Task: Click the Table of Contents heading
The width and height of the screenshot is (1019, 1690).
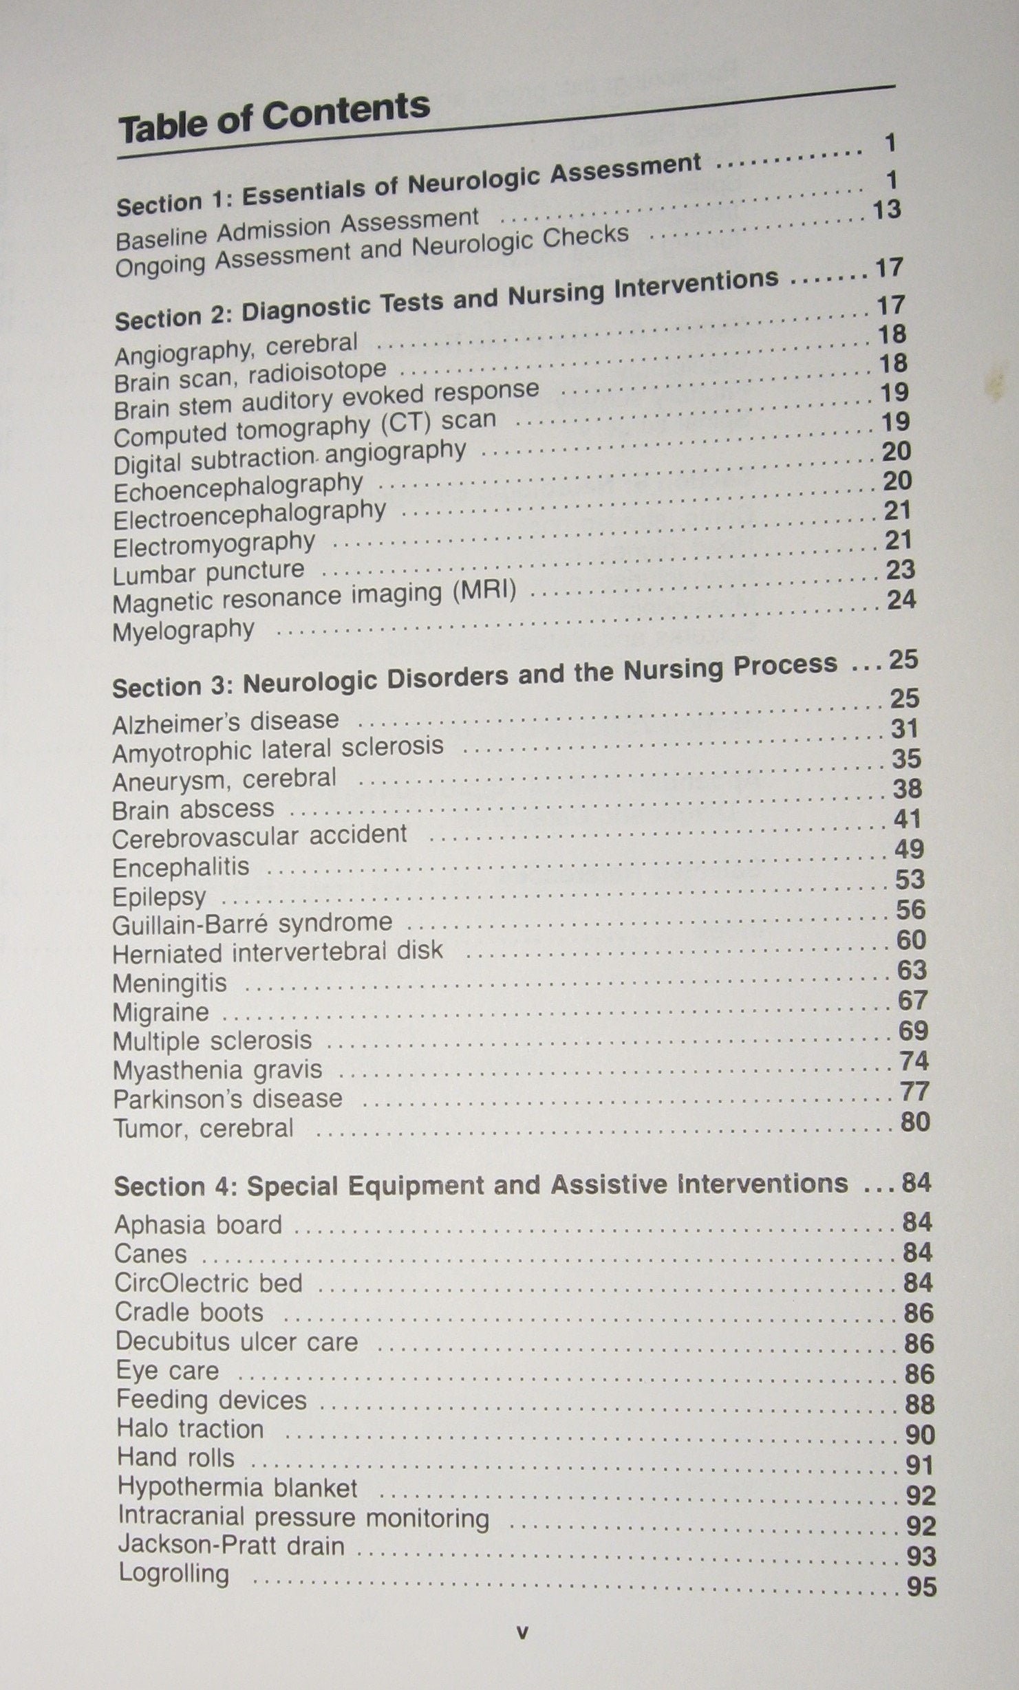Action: (x=274, y=118)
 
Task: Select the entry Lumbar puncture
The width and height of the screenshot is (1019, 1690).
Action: (x=208, y=572)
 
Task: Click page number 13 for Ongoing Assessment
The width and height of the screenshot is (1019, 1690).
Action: (x=886, y=209)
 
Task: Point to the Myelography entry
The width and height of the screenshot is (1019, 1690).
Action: (x=183, y=630)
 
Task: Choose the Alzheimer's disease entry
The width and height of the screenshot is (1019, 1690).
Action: (x=226, y=722)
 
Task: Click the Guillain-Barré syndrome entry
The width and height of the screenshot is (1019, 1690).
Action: (x=252, y=923)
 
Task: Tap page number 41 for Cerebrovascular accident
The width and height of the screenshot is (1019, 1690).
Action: (x=907, y=819)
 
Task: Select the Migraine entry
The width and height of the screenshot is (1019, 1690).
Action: (x=160, y=1012)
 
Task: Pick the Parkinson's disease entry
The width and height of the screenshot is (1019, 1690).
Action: (x=227, y=1098)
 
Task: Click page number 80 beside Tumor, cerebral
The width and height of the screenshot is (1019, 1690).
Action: (x=914, y=1122)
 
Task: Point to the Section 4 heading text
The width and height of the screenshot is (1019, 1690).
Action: (x=480, y=1184)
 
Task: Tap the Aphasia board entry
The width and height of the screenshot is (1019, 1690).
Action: (x=198, y=1225)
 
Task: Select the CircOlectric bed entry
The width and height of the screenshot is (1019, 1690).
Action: (x=208, y=1283)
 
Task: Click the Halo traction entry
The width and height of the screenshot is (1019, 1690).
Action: (x=190, y=1429)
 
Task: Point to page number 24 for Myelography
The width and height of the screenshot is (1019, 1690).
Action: (x=901, y=600)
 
